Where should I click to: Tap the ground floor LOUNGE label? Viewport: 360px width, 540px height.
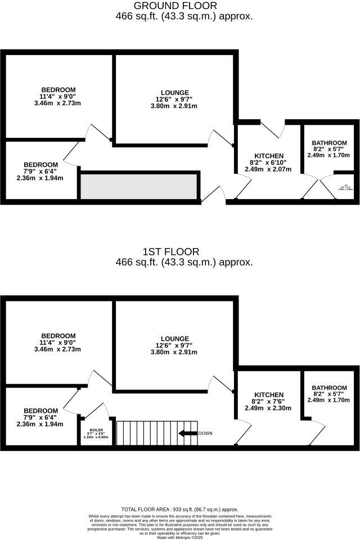(x=174, y=93)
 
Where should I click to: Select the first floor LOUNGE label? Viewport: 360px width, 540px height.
(x=174, y=339)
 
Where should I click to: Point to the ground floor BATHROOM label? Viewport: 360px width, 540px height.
(x=329, y=143)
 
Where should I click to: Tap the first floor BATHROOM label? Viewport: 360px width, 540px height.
(x=329, y=388)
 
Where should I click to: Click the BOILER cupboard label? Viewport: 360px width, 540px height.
(x=96, y=430)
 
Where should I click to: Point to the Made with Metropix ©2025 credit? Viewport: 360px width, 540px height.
(x=180, y=537)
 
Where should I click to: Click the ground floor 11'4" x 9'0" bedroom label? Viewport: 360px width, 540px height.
(x=58, y=97)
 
